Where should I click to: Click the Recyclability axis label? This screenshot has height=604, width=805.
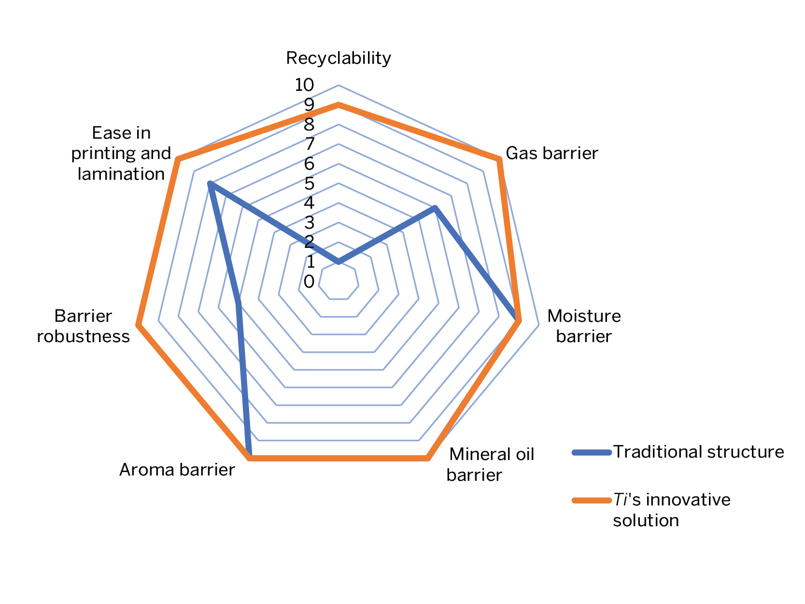(338, 58)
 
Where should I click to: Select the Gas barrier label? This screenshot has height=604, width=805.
(551, 153)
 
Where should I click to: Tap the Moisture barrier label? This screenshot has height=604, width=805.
(584, 326)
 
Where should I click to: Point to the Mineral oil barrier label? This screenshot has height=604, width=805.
(490, 464)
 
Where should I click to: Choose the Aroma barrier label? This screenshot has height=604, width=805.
(177, 470)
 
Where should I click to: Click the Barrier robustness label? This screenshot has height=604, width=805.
(83, 326)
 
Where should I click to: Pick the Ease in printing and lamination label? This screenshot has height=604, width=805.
(121, 153)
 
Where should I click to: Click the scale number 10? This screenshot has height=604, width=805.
(304, 85)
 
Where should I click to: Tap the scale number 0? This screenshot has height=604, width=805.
(309, 282)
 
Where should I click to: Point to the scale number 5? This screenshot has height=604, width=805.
(309, 184)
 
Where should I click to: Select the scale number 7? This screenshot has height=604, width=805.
(310, 144)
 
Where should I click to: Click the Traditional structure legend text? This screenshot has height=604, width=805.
(699, 452)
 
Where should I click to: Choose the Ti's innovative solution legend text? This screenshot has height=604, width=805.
(672, 510)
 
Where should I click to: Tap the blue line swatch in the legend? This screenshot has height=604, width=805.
(592, 453)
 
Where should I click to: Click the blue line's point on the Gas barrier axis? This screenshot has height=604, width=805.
(435, 208)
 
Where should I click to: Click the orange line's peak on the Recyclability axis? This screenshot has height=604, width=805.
(339, 105)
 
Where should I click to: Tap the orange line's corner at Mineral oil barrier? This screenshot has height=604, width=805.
(427, 459)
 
